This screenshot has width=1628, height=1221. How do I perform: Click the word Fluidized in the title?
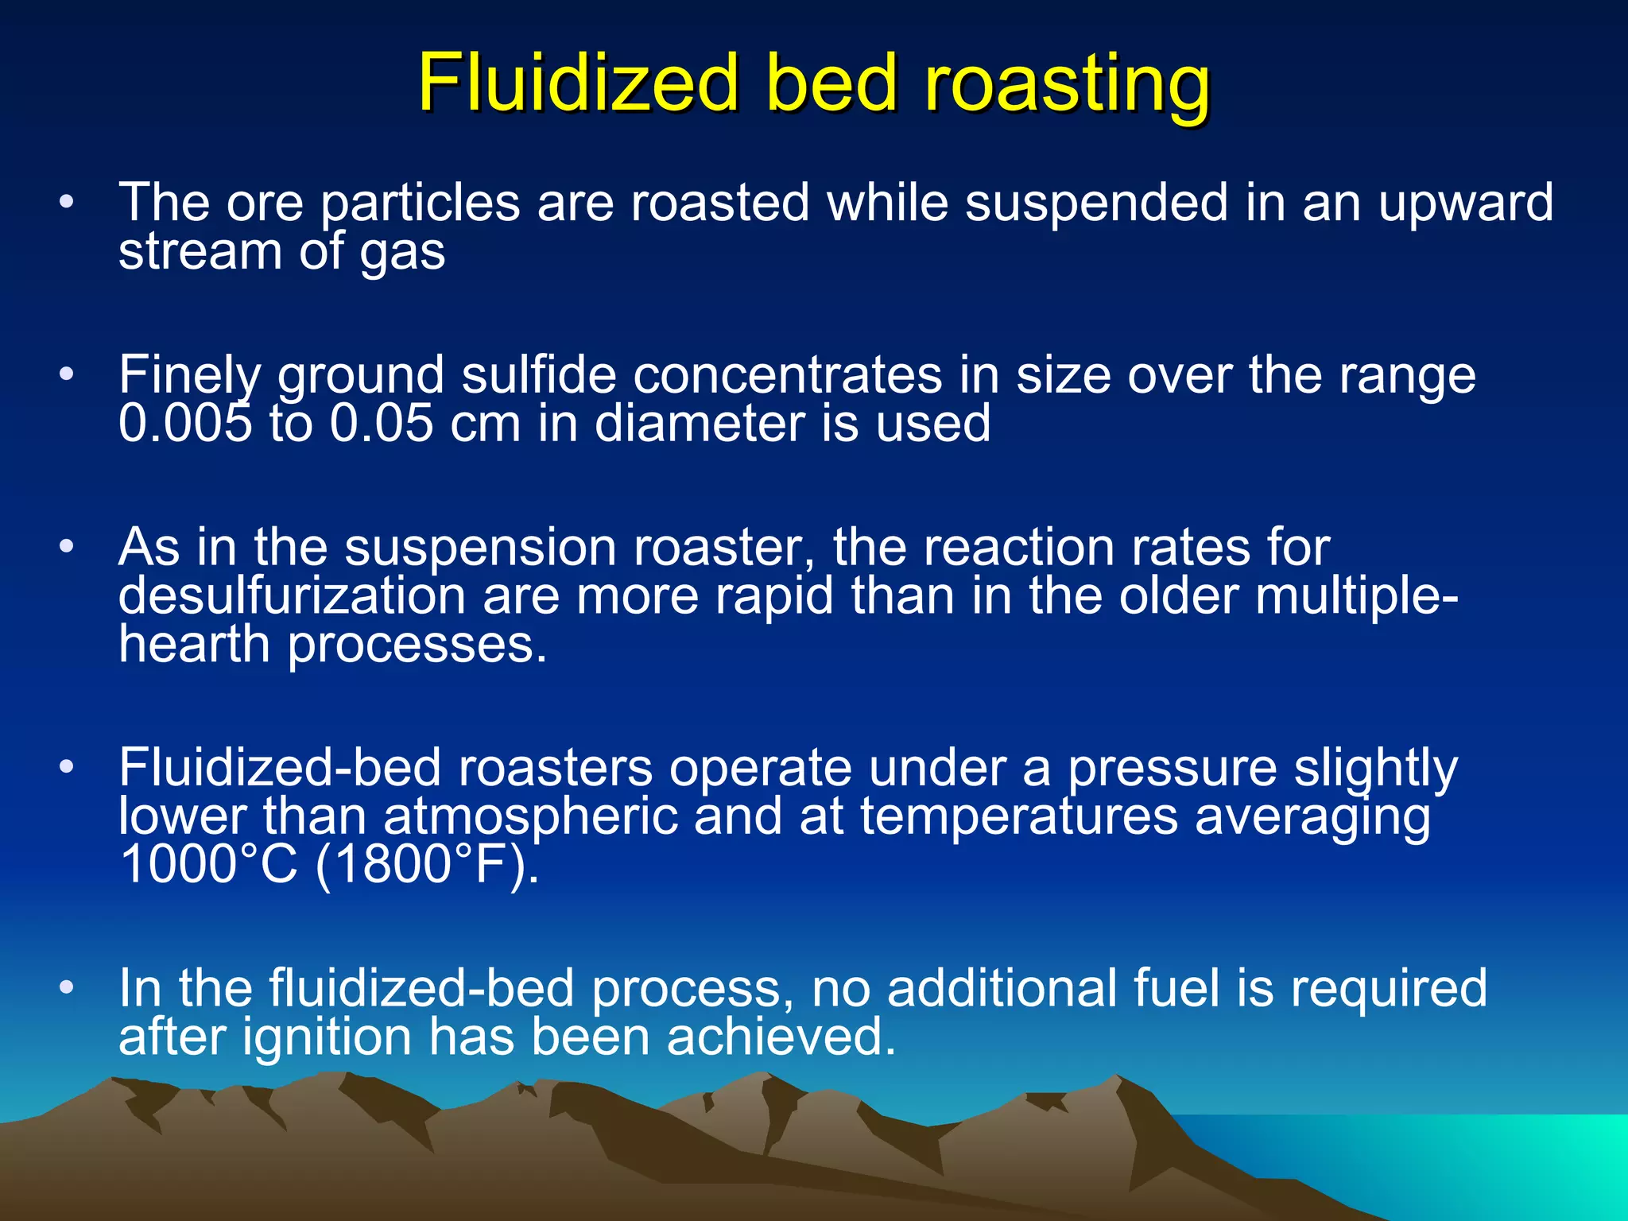pyautogui.click(x=578, y=83)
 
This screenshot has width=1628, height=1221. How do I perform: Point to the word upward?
pyautogui.click(x=1465, y=203)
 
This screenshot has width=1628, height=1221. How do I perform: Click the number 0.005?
pyautogui.click(x=184, y=422)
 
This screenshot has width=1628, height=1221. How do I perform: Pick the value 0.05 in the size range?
pyautogui.click(x=382, y=422)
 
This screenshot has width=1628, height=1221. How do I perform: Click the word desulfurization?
pyautogui.click(x=292, y=595)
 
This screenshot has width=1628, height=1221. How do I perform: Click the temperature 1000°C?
pyautogui.click(x=207, y=864)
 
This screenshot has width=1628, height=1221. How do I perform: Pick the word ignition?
pyautogui.click(x=327, y=1037)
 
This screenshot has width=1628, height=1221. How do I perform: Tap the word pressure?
pyautogui.click(x=1171, y=769)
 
